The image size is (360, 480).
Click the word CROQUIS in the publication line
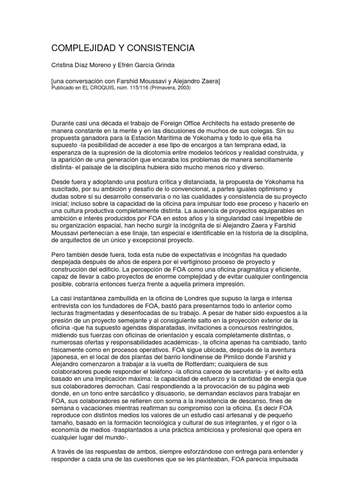coord(107,87)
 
